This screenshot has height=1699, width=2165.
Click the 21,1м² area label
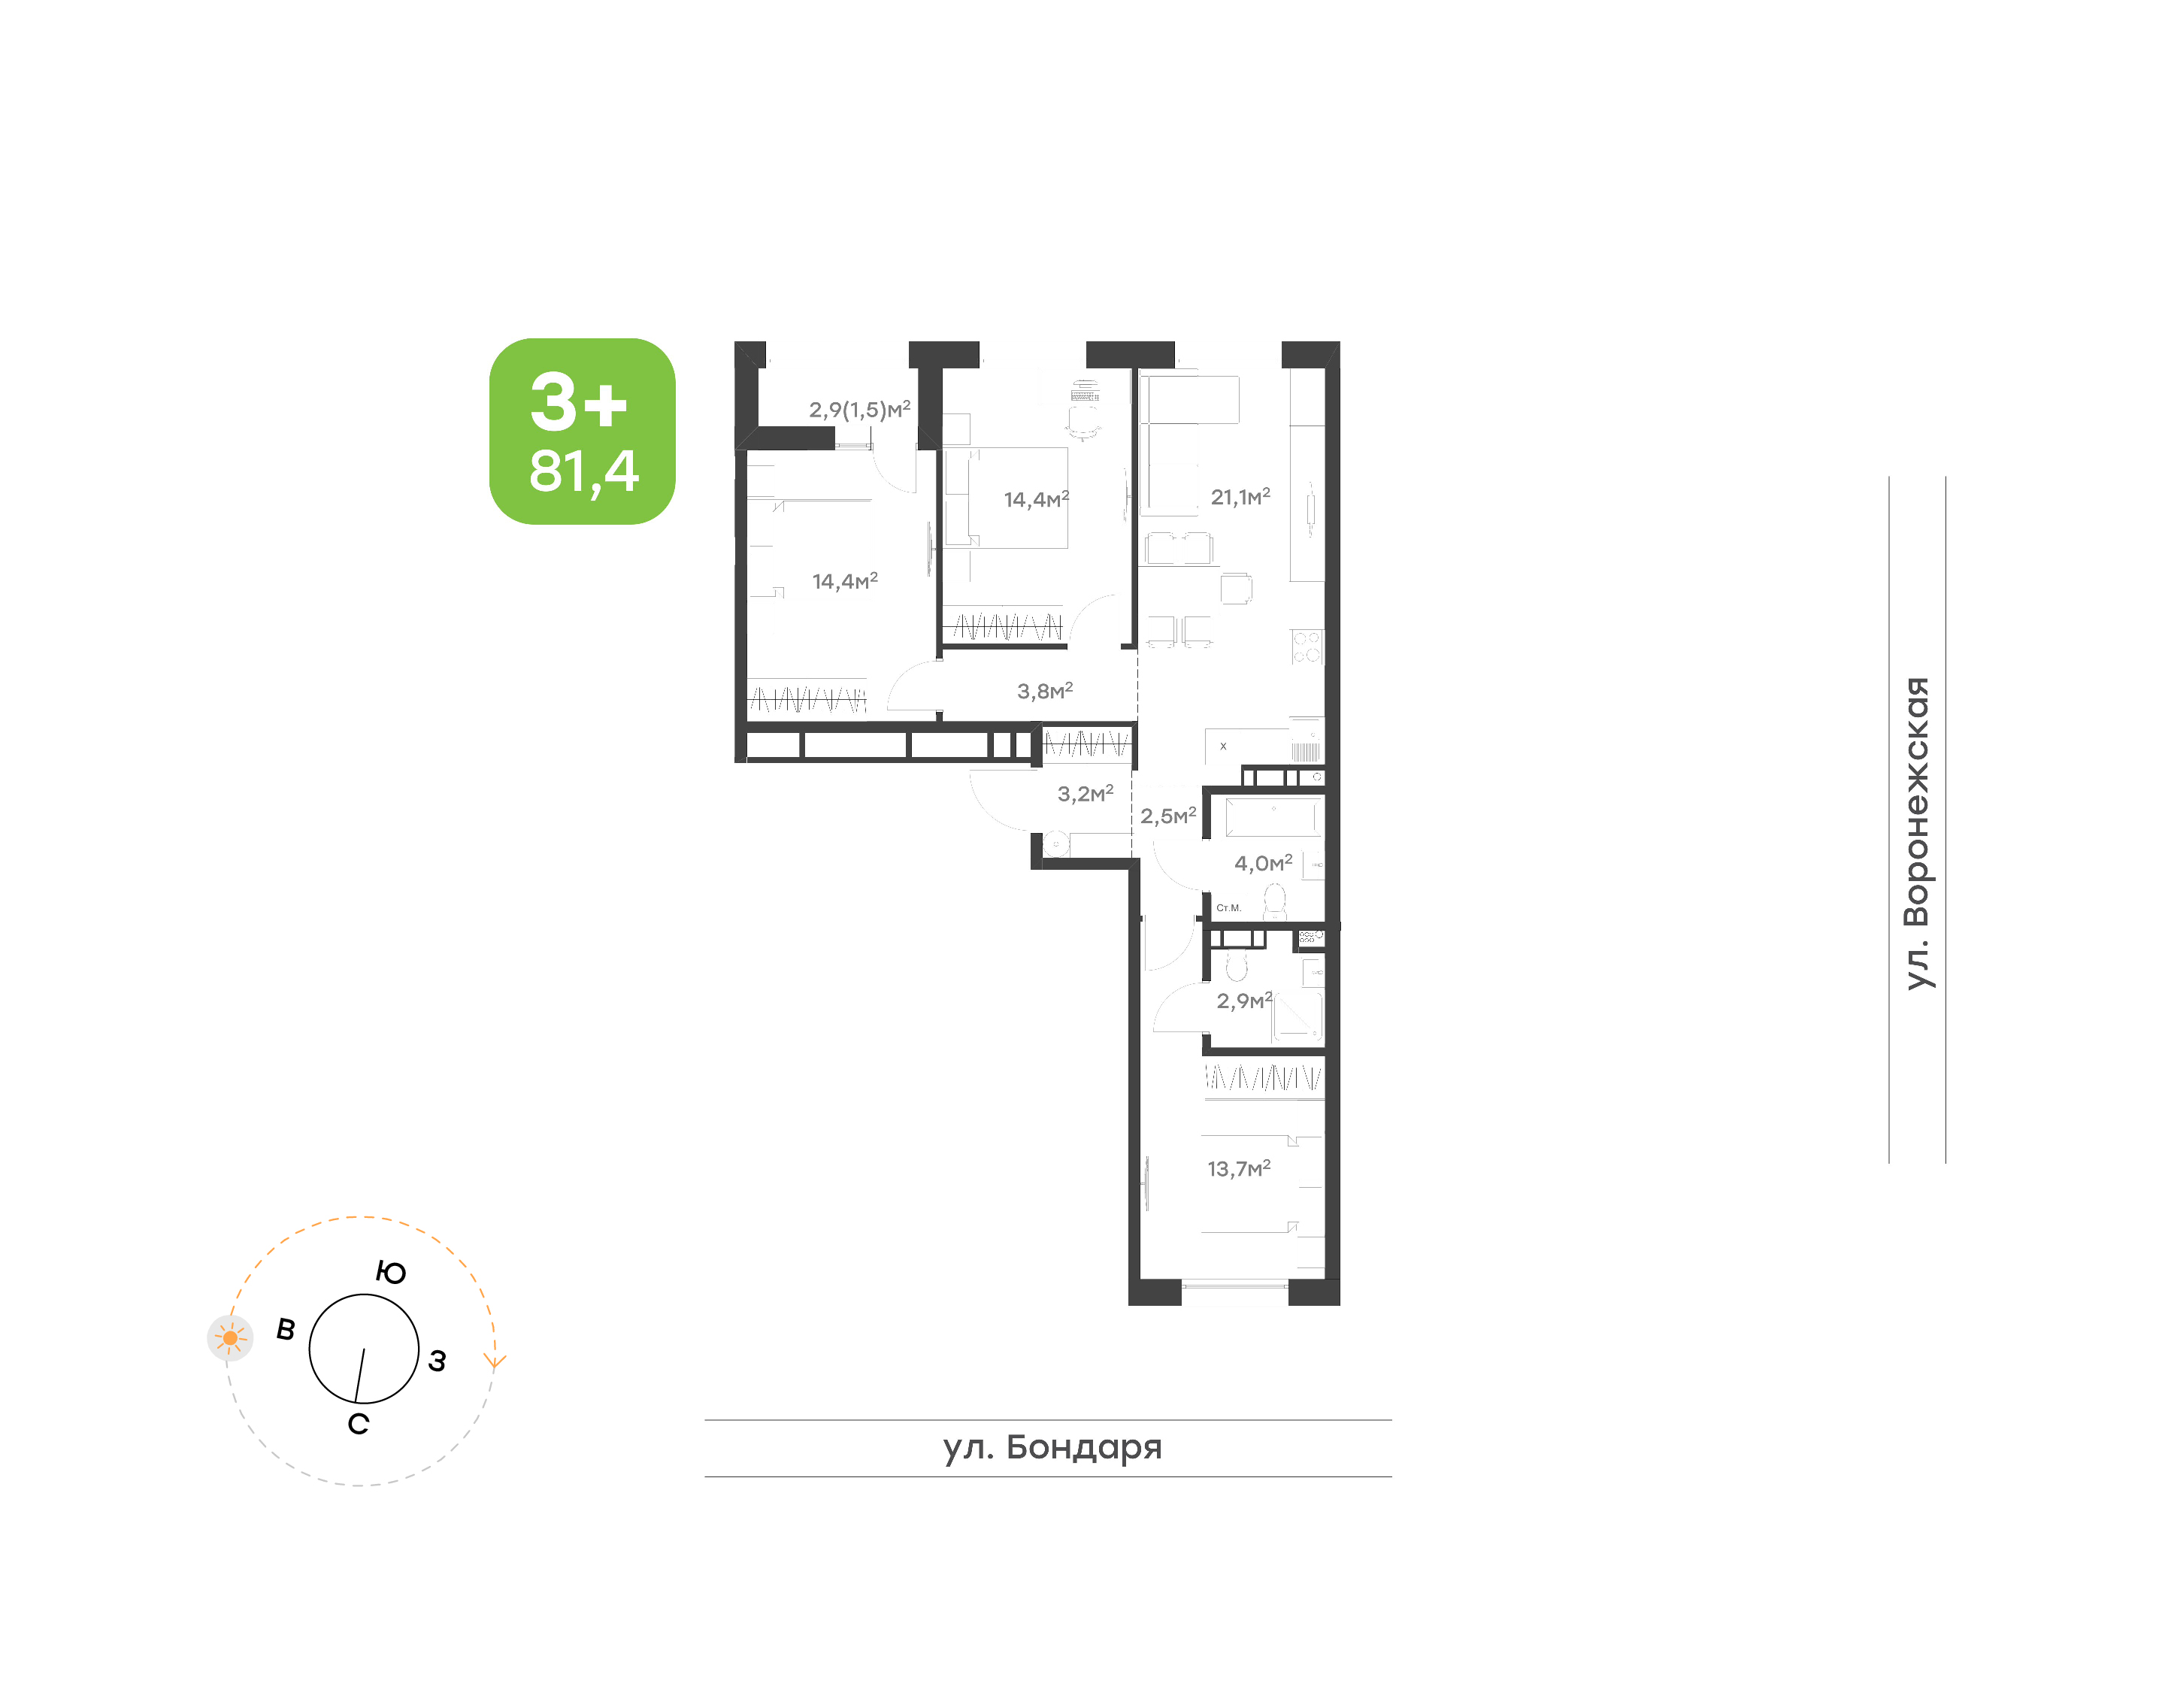click(1240, 496)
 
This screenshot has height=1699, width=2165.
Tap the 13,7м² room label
click(1238, 1169)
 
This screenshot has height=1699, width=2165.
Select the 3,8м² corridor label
click(1044, 690)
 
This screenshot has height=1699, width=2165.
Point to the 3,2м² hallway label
click(1085, 794)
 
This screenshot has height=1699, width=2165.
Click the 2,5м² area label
click(1167, 816)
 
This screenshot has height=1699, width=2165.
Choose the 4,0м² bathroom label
click(1263, 862)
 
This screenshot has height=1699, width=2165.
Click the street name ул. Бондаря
click(1052, 1447)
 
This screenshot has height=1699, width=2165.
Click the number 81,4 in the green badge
click(584, 471)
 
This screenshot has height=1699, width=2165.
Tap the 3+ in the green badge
click(579, 402)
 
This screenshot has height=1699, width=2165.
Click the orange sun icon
click(230, 1338)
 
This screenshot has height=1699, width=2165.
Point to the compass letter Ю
click(391, 1272)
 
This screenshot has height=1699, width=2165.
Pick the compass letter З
click(438, 1361)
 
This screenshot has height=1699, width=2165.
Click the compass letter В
click(286, 1329)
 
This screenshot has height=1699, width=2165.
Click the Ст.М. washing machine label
click(1228, 908)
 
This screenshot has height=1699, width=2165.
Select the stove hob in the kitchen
click(1307, 647)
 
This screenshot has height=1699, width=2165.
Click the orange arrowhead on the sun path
click(494, 1361)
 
